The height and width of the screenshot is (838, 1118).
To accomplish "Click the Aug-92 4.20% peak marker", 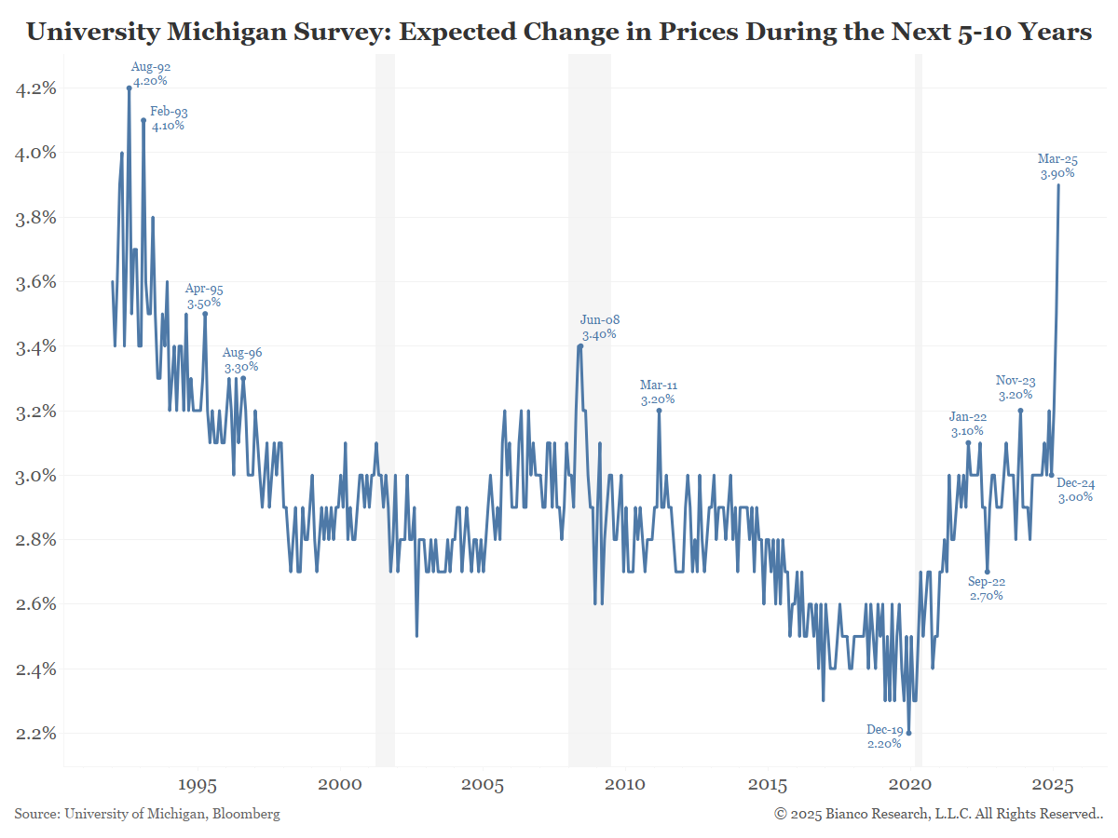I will tap(130, 88).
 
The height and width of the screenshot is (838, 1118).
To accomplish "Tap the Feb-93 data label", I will tap(169, 118).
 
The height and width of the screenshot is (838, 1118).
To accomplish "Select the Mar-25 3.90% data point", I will tap(1058, 184).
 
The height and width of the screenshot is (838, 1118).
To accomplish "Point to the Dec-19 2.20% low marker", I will tap(909, 733).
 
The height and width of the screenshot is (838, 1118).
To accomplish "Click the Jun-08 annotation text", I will tap(599, 327).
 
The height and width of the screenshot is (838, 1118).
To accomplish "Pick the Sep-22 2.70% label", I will tap(986, 588).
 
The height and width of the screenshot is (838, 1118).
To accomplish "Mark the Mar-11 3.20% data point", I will tap(659, 410).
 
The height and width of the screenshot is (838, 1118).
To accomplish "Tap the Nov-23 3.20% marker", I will tap(1020, 410).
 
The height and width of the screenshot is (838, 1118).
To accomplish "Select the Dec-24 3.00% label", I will tap(1076, 491).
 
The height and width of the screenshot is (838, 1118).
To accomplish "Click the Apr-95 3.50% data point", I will tap(205, 314).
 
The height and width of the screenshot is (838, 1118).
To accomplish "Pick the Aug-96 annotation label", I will tap(242, 360).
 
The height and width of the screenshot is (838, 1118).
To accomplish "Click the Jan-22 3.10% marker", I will tap(968, 442).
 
